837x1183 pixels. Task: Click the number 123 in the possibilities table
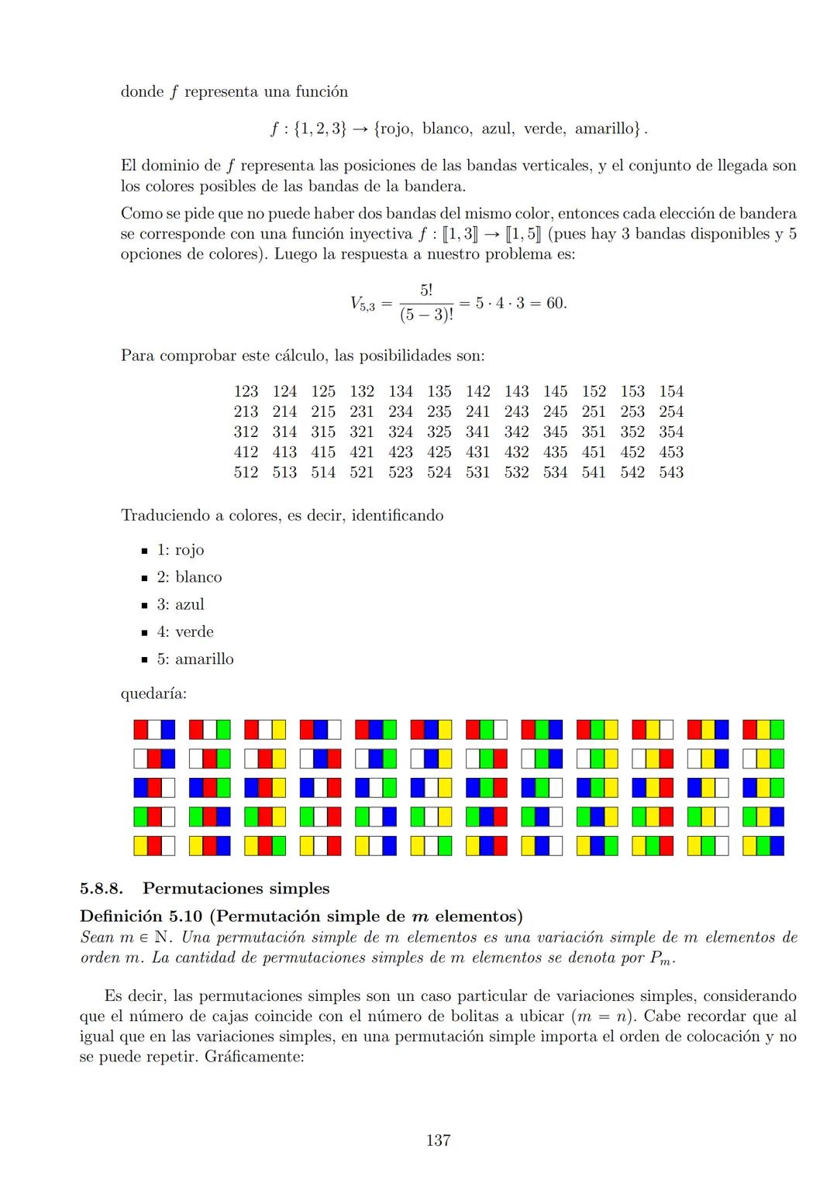(246, 392)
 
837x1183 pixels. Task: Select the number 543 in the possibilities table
(671, 473)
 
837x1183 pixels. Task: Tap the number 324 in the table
(401, 432)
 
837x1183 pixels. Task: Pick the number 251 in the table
(594, 412)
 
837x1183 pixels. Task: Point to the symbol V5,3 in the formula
(363, 304)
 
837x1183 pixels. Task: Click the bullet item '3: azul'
(180, 605)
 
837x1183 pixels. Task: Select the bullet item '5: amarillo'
(195, 659)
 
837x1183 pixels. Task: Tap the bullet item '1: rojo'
(180, 550)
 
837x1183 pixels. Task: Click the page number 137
(439, 1140)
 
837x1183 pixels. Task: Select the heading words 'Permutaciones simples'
(236, 889)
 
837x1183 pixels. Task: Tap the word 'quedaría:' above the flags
(153, 694)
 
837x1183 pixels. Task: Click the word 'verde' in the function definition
(544, 129)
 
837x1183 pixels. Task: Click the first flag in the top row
(154, 730)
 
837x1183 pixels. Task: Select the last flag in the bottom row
(763, 846)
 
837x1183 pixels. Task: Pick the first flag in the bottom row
(154, 846)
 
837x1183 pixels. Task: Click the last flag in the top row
(763, 730)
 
